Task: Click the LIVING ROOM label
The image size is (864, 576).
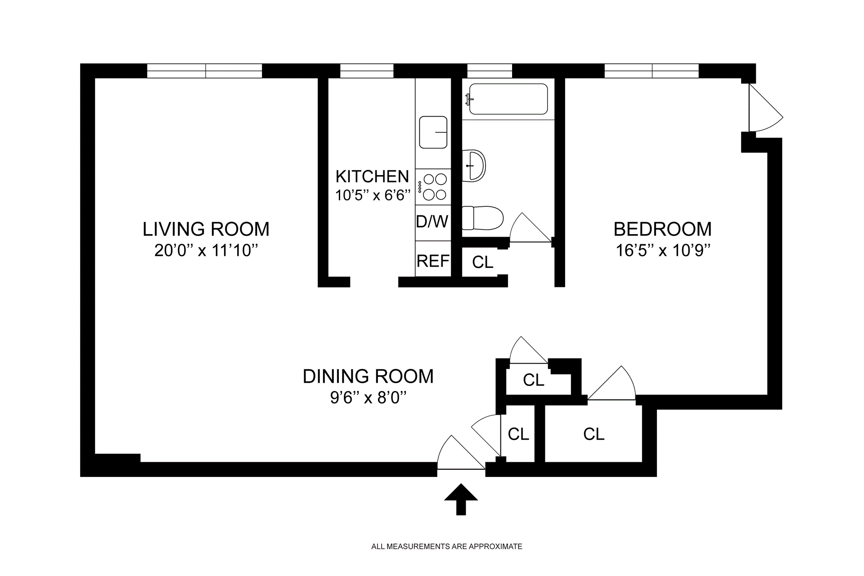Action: tap(206, 229)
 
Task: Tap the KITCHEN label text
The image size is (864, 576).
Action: tap(372, 176)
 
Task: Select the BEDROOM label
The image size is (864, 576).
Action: tap(662, 229)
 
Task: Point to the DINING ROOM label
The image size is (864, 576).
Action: tap(368, 376)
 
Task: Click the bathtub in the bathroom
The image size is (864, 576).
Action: tap(508, 99)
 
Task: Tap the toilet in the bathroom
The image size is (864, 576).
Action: tap(482, 218)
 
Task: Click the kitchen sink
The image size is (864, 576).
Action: tap(433, 132)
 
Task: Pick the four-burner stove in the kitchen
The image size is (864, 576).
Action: tap(433, 186)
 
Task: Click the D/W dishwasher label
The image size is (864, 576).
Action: tap(432, 222)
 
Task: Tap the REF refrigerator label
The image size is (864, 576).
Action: tap(433, 261)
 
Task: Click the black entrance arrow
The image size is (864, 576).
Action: tap(461, 499)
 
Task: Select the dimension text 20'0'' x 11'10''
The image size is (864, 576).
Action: tap(206, 250)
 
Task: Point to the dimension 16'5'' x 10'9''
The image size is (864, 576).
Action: tap(662, 250)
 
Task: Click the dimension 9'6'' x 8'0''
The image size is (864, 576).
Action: tap(368, 398)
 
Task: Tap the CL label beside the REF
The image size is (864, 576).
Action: tap(483, 262)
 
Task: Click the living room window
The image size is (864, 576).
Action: tap(205, 71)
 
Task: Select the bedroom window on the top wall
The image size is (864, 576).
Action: tap(652, 71)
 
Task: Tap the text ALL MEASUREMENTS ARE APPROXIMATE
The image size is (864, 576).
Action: tap(446, 547)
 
